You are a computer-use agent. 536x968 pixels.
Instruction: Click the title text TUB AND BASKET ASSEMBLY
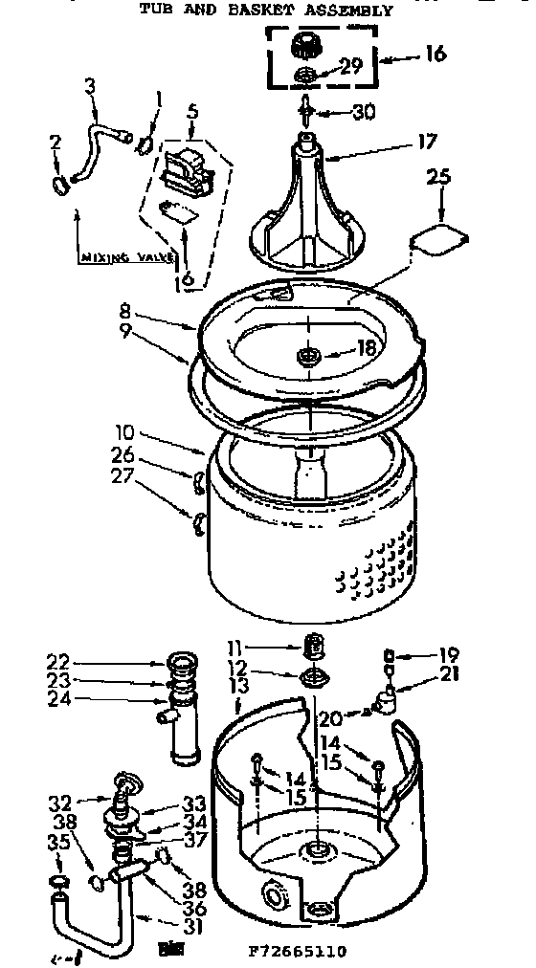[265, 11]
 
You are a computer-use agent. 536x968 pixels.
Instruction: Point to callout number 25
[437, 178]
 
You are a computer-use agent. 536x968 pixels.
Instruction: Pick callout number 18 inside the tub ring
[366, 349]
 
